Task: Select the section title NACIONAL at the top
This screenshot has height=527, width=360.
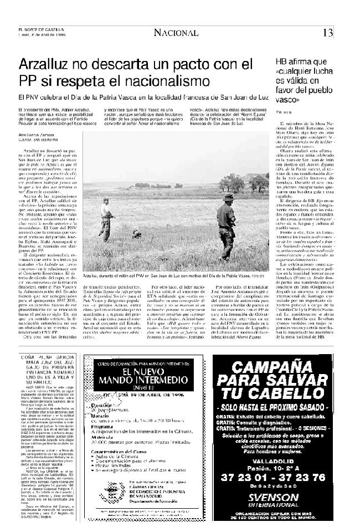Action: point(176,33)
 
